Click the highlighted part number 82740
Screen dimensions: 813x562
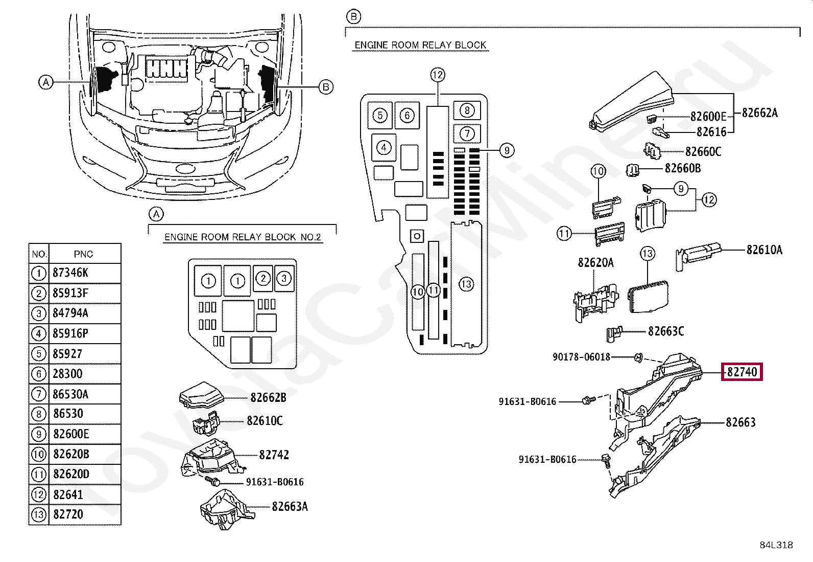[742, 372]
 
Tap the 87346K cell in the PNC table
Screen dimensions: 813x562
[70, 273]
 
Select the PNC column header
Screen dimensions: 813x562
[83, 254]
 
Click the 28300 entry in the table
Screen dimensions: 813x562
[67, 373]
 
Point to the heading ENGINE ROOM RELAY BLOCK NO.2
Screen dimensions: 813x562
[243, 237]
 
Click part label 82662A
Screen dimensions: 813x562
[760, 113]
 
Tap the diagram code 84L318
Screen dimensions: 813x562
[776, 545]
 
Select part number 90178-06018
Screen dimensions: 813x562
[582, 356]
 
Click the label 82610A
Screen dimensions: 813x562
[764, 250]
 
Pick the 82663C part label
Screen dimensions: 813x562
[666, 331]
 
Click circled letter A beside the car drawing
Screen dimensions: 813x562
[46, 82]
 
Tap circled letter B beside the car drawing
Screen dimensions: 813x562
[326, 87]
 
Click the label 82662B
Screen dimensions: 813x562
[268, 397]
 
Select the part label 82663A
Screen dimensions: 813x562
[290, 506]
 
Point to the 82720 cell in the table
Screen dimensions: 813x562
[68, 514]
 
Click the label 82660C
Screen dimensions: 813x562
[703, 151]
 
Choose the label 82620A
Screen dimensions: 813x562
[595, 262]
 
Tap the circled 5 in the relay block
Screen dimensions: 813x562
[380, 115]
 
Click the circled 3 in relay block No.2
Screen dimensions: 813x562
[284, 279]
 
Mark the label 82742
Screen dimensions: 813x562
[274, 455]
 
